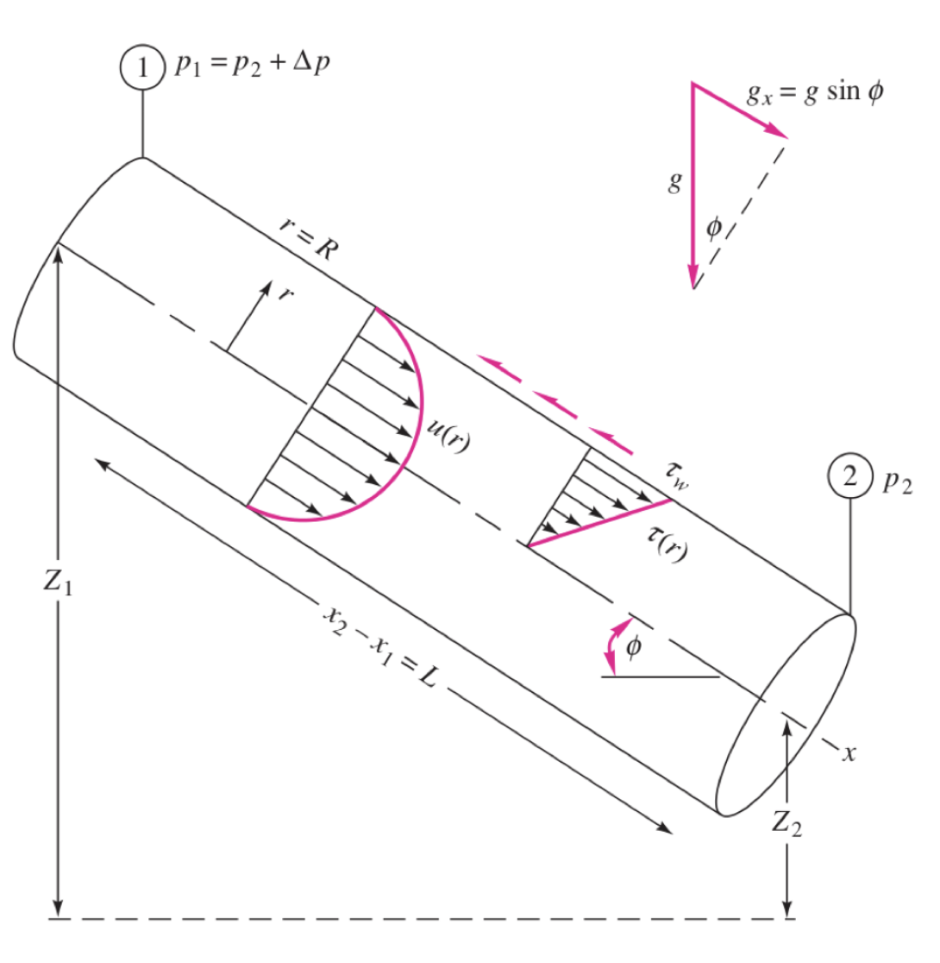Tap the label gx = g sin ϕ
click(814, 93)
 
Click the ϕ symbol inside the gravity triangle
click(712, 228)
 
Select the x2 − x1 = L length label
click(379, 646)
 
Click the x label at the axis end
click(849, 752)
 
